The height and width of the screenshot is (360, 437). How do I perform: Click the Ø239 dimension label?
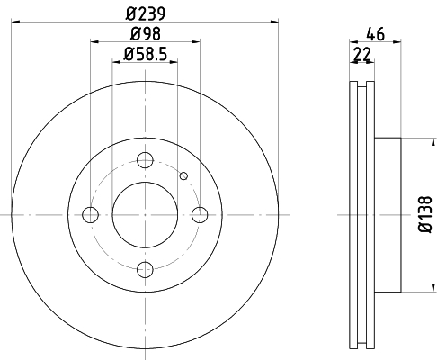point(146,13)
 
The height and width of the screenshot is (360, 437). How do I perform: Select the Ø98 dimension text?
point(146,34)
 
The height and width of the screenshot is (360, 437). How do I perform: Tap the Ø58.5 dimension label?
point(145,55)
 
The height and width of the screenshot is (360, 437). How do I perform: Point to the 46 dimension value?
point(375,34)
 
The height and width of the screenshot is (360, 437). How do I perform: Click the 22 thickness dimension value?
point(362,54)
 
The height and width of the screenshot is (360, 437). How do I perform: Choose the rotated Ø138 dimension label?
point(425,214)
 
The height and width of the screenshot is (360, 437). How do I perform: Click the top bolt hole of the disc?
point(145,160)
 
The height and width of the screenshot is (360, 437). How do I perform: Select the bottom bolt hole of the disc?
point(145,269)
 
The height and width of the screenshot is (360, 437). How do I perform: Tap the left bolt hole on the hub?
point(90,215)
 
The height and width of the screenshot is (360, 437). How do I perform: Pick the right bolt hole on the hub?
point(200,215)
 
